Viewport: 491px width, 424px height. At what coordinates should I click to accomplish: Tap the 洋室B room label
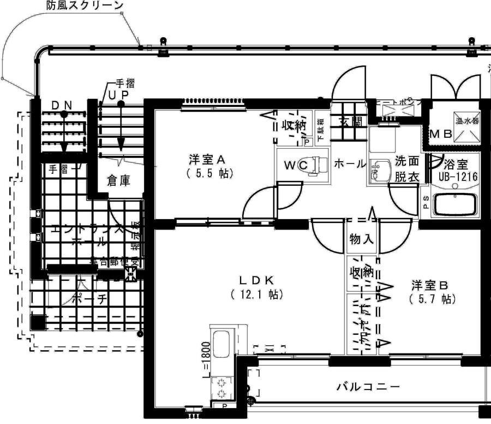pyautogui.click(x=430, y=285)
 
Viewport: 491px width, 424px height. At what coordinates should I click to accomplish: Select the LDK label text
pyautogui.click(x=255, y=280)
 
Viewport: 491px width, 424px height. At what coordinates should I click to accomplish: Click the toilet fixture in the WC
pyautogui.click(x=316, y=164)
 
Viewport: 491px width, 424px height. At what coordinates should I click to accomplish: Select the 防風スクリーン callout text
pyautogui.click(x=85, y=6)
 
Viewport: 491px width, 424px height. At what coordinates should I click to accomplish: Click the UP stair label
pyautogui.click(x=118, y=95)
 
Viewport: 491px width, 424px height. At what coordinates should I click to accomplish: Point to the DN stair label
pyautogui.click(x=64, y=104)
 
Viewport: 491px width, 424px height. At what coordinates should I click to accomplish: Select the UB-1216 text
pyautogui.click(x=458, y=176)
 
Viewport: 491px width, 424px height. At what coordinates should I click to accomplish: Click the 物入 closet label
pyautogui.click(x=362, y=239)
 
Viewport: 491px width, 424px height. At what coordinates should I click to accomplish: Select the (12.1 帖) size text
pyautogui.click(x=255, y=295)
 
